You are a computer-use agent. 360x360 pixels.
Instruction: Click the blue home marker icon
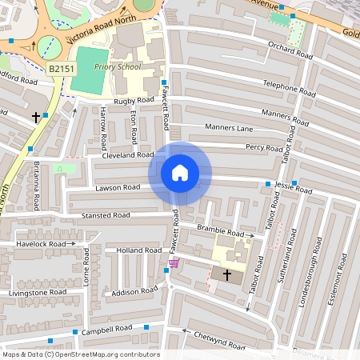click(x=180, y=173)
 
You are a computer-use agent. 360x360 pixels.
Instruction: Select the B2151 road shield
click(x=62, y=70)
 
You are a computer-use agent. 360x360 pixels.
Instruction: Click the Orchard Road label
click(x=290, y=50)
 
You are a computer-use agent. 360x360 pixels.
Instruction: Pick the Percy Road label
click(x=265, y=147)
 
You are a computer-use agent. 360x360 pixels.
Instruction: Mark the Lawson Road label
click(x=118, y=187)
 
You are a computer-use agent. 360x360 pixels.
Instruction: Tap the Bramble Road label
click(x=221, y=232)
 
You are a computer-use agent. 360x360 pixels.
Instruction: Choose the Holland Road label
click(x=138, y=250)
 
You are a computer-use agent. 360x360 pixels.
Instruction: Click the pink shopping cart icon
click(x=174, y=263)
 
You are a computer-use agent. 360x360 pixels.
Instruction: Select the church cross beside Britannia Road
click(x=35, y=117)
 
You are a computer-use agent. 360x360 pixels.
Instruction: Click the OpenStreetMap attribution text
click(x=81, y=354)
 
